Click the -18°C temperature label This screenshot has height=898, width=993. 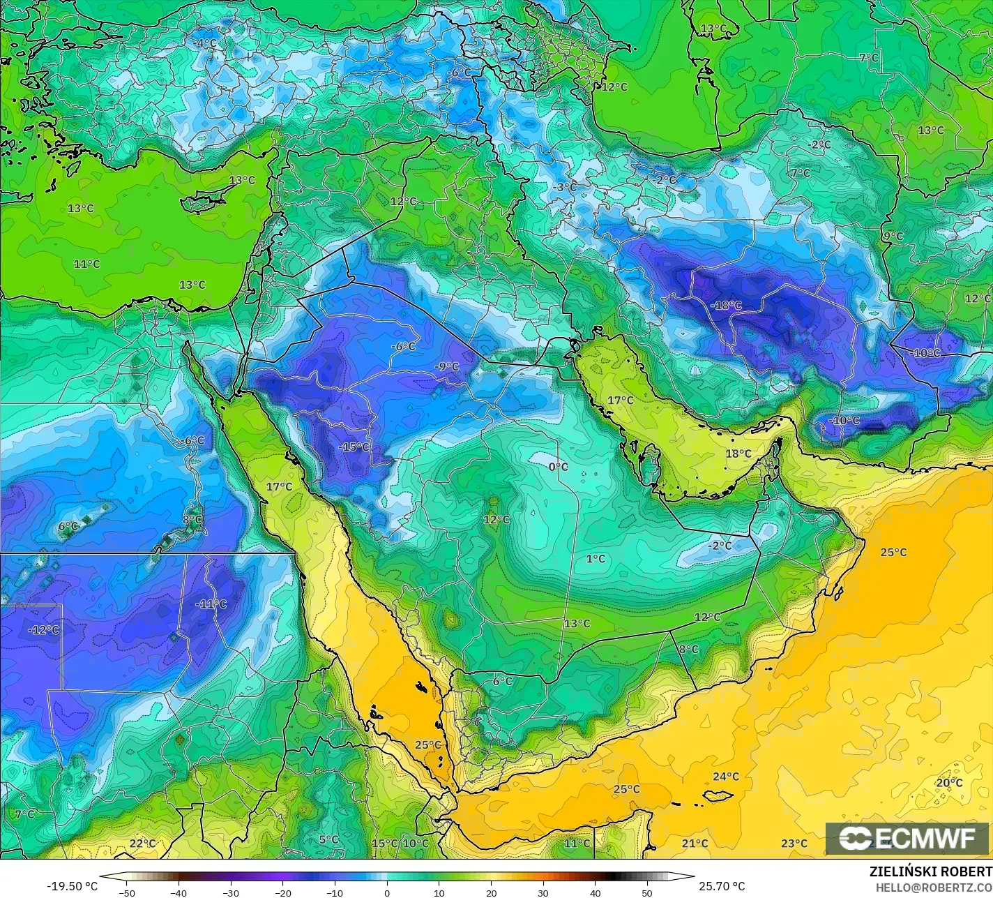(726, 306)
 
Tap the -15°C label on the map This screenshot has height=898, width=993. (354, 447)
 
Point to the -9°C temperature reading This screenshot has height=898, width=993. (446, 367)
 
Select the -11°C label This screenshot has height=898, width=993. (211, 604)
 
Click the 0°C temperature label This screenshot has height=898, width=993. (558, 467)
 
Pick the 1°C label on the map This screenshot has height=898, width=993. (596, 559)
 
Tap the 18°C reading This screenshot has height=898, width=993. (738, 454)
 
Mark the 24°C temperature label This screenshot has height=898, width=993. (726, 777)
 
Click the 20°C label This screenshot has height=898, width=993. (949, 783)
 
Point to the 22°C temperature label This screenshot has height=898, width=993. (142, 844)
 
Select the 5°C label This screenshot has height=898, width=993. (328, 839)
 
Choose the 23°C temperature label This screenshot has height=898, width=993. (794, 844)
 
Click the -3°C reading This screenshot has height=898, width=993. (564, 187)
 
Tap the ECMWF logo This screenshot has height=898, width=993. (907, 838)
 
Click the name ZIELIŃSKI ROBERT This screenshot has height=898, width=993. (930, 871)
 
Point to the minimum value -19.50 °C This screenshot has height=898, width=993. (72, 886)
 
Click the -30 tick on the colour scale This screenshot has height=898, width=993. (231, 892)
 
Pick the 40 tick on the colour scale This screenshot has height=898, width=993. (596, 892)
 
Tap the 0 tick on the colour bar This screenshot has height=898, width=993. (387, 892)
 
